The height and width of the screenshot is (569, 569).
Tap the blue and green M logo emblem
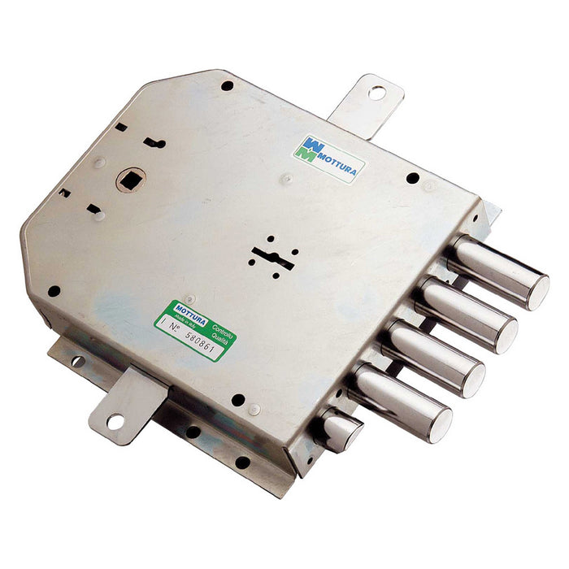click(x=306, y=150)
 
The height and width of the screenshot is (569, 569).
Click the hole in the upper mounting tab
click(x=376, y=92)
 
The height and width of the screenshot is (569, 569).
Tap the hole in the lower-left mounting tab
click(x=115, y=421)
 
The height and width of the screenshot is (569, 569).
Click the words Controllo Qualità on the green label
click(x=220, y=335)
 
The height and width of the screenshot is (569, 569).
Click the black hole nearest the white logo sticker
click(x=412, y=178)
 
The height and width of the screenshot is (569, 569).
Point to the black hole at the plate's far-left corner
click(x=54, y=290)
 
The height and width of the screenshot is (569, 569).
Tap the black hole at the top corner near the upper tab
click(x=227, y=85)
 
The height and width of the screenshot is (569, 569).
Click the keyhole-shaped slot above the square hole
click(x=154, y=143)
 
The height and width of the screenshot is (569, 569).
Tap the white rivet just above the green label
click(x=189, y=298)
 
